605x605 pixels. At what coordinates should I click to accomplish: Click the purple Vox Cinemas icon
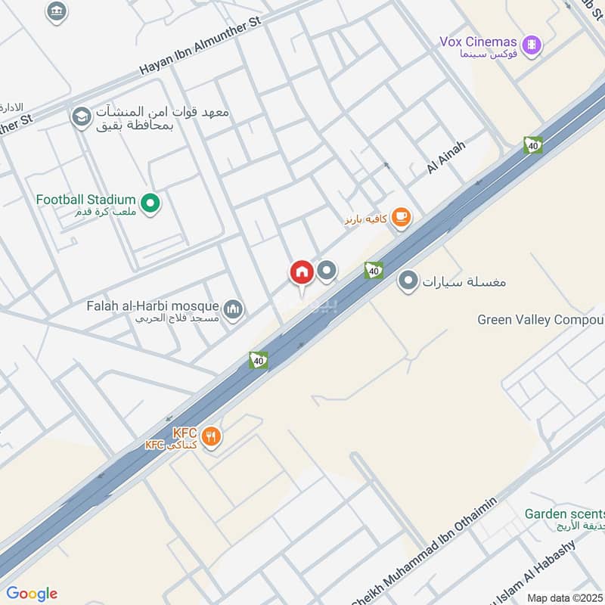(x=533, y=44)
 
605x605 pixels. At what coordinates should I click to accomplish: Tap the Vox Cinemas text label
(x=478, y=42)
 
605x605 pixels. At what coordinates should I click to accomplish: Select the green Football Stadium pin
(x=150, y=203)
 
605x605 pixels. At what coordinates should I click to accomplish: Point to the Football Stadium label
(x=85, y=200)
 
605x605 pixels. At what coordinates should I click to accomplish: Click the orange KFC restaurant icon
(x=211, y=436)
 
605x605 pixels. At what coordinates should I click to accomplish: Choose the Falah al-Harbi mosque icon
(x=234, y=309)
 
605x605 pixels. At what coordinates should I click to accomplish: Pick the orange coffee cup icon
(x=401, y=219)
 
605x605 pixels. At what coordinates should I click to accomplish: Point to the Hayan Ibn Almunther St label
(x=200, y=47)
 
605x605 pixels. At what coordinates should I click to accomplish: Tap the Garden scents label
(x=563, y=514)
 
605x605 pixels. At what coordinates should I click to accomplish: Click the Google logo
(x=31, y=594)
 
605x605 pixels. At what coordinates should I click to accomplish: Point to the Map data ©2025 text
(x=563, y=598)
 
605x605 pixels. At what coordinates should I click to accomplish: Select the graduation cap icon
(x=79, y=117)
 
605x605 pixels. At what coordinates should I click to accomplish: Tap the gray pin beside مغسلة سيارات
(x=408, y=281)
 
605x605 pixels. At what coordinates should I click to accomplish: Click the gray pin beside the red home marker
(x=327, y=270)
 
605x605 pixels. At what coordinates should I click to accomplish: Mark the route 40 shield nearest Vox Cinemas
(x=533, y=145)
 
